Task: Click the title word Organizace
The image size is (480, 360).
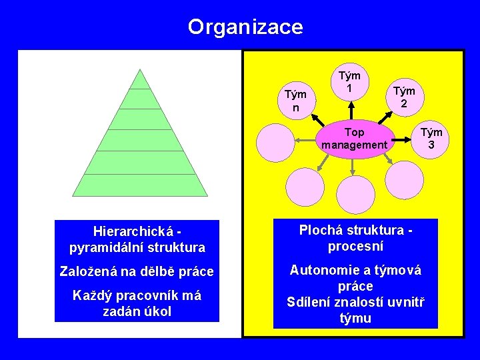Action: pyautogui.click(x=245, y=27)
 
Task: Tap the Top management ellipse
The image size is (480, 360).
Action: pyautogui.click(x=353, y=139)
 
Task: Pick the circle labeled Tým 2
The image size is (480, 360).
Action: pyautogui.click(x=403, y=97)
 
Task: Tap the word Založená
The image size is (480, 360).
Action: pyautogui.click(x=87, y=272)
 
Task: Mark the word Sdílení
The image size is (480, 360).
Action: pyautogui.click(x=309, y=301)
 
